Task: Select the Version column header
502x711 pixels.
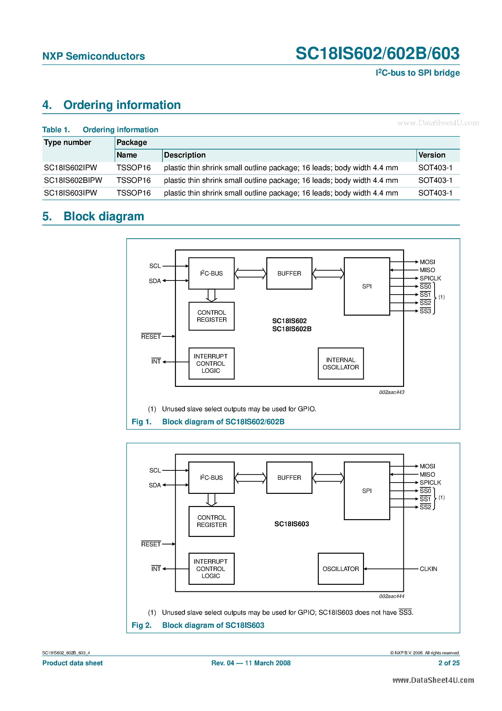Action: click(x=432, y=155)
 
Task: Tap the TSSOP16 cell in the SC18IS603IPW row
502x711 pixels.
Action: click(x=133, y=193)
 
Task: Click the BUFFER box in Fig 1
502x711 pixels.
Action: click(x=289, y=274)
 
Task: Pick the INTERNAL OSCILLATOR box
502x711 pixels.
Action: click(x=340, y=364)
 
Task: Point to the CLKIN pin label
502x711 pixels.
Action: click(x=428, y=569)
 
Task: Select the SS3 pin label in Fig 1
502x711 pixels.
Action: click(x=425, y=311)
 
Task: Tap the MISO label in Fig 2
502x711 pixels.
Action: click(x=427, y=474)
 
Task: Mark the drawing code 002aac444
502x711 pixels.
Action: click(x=391, y=596)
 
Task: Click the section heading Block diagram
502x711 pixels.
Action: click(x=104, y=216)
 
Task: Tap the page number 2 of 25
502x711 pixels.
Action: click(x=449, y=663)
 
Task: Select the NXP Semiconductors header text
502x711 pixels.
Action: click(x=94, y=56)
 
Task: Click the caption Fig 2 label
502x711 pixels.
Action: click(x=141, y=625)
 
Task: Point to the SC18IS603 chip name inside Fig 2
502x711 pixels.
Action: click(x=292, y=524)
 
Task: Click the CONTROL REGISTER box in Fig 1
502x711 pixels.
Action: click(x=211, y=316)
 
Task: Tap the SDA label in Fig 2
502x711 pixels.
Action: click(x=155, y=485)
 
